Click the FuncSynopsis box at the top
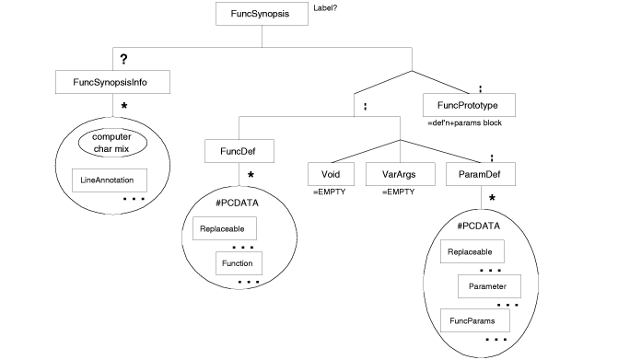pyautogui.click(x=262, y=15)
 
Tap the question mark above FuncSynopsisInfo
pyautogui.click(x=123, y=59)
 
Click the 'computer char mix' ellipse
pyautogui.click(x=113, y=144)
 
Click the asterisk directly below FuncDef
pyautogui.click(x=250, y=176)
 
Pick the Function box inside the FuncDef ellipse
pyautogui.click(x=239, y=264)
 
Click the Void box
pyautogui.click(x=331, y=173)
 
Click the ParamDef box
pyautogui.click(x=479, y=173)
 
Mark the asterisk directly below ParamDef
pyautogui.click(x=492, y=199)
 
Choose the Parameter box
pyautogui.click(x=489, y=286)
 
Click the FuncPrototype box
pyautogui.click(x=468, y=105)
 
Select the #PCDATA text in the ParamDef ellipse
pyautogui.click(x=478, y=226)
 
